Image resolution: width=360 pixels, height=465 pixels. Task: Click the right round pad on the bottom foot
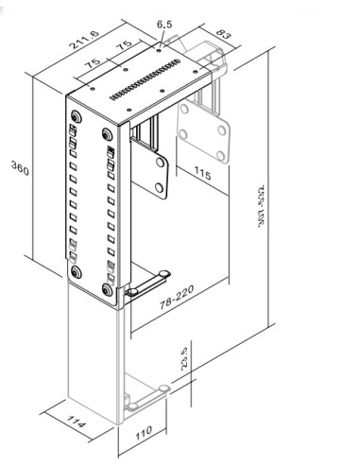(164, 387)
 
